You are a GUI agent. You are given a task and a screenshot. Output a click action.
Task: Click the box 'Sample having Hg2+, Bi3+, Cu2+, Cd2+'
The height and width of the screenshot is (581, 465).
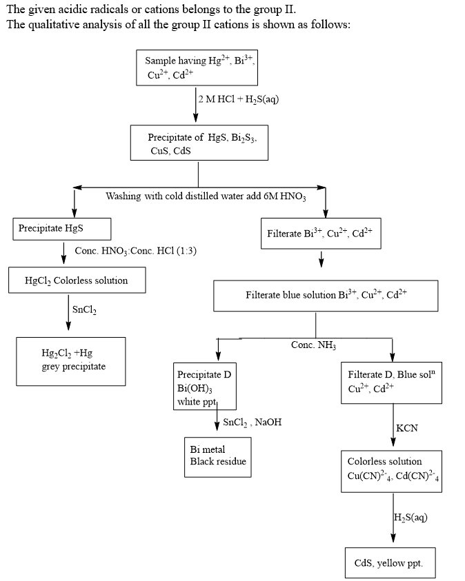[x=198, y=68]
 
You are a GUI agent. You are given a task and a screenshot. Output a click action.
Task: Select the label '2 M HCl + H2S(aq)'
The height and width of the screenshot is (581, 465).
[x=238, y=99]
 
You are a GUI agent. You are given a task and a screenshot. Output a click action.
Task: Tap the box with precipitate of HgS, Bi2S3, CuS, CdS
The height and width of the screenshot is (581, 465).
[x=199, y=143]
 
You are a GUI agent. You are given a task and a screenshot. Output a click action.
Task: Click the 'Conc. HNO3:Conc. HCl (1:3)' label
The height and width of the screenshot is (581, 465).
[x=135, y=250]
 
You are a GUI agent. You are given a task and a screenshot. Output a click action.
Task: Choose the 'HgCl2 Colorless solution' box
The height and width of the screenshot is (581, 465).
[x=77, y=281]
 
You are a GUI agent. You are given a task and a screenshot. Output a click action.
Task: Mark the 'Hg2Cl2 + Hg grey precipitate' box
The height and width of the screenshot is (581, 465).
[x=72, y=360]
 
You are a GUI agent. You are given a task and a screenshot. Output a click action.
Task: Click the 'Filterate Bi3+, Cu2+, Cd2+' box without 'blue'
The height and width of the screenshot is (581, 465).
[x=320, y=233]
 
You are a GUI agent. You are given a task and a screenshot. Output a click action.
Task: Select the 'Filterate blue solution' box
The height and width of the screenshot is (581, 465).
[x=326, y=295]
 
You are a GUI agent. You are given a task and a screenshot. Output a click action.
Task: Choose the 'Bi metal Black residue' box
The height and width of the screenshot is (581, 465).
[x=217, y=456]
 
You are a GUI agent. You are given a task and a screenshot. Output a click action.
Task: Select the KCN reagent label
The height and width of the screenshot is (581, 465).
[x=407, y=428]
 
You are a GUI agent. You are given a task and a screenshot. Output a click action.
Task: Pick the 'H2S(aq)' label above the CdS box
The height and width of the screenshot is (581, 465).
[x=410, y=518]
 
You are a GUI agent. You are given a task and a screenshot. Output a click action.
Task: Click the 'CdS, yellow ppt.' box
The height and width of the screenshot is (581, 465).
[x=390, y=562]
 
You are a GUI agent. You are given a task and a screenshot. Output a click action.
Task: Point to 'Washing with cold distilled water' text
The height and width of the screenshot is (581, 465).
[x=206, y=196]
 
